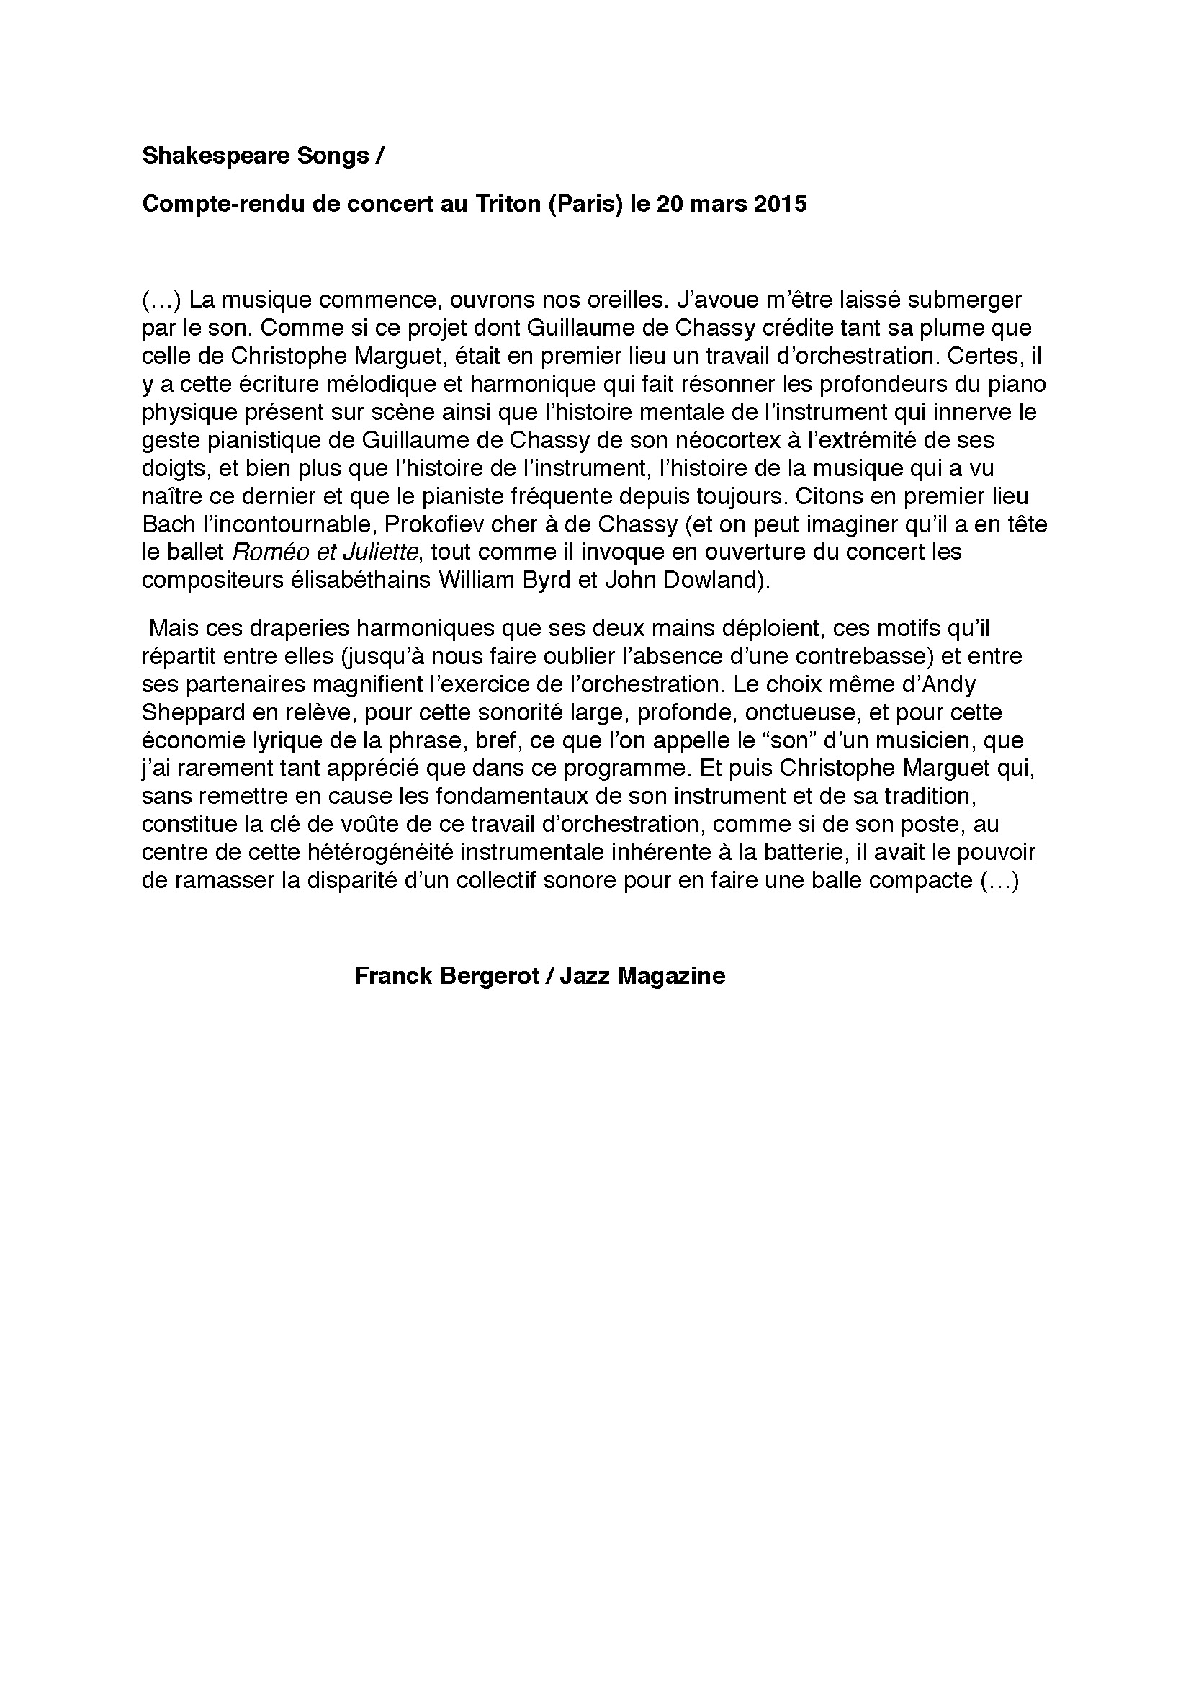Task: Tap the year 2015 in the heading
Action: click(x=781, y=204)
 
